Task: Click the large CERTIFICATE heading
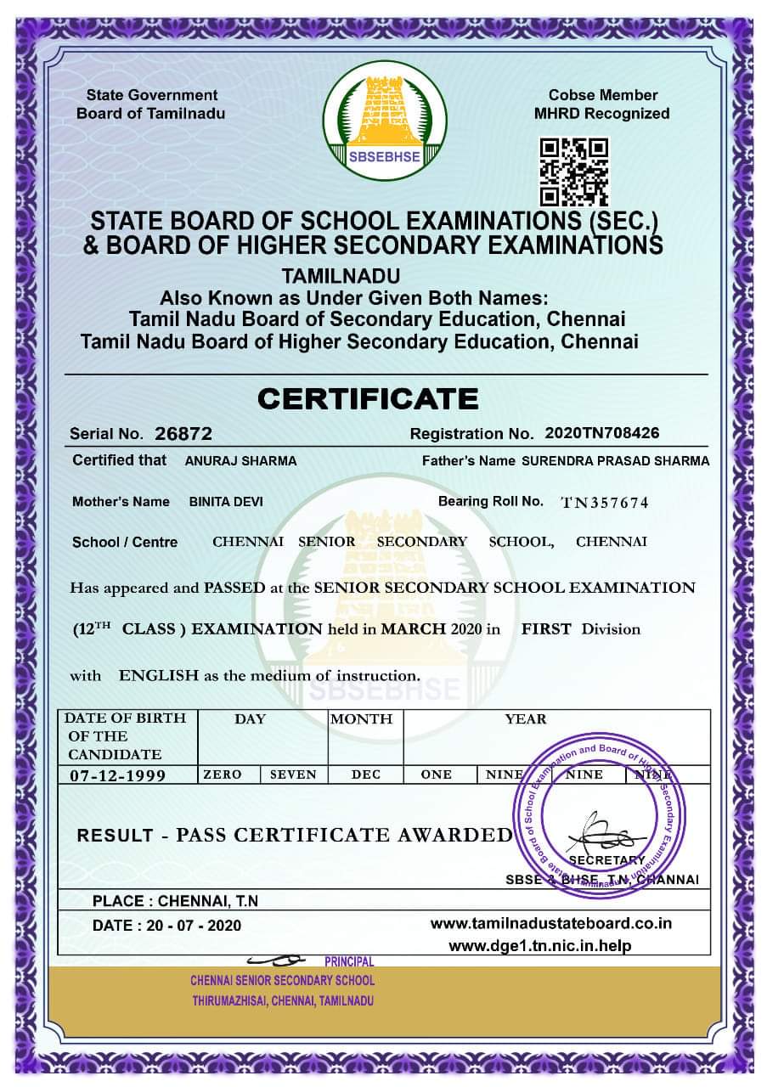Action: click(369, 397)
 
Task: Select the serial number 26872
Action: click(183, 434)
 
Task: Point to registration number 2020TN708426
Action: click(601, 433)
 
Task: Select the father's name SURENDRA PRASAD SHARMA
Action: click(615, 461)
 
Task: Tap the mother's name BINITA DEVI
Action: click(226, 502)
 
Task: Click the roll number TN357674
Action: click(605, 503)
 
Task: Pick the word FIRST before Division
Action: click(545, 629)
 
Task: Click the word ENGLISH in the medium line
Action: click(159, 676)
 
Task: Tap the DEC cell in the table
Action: click(366, 774)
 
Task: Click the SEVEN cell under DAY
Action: click(293, 774)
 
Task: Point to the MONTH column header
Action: click(361, 718)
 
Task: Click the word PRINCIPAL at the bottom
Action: click(348, 961)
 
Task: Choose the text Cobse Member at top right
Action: click(602, 95)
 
